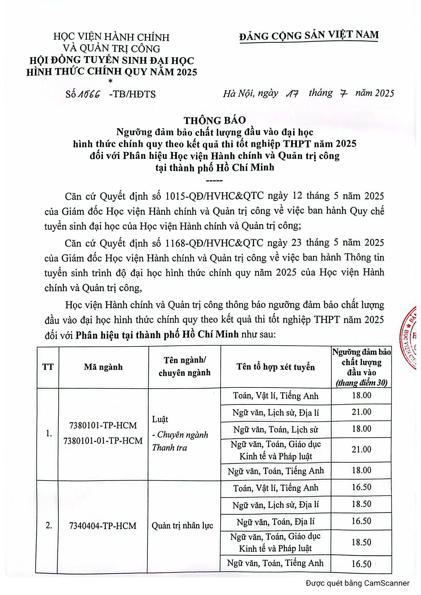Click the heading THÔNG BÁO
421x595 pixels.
point(215,120)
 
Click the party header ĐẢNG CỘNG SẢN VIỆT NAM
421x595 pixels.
point(309,35)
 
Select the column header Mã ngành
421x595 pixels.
point(103,367)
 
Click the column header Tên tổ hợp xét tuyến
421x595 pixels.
point(276,367)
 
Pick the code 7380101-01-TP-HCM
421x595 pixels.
point(103,441)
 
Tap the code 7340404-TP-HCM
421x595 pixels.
point(103,526)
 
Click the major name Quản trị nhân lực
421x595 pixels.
point(182,525)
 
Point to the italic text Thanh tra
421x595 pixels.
point(169,447)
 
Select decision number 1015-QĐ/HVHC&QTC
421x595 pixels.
point(214,196)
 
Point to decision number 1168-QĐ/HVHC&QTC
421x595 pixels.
point(214,243)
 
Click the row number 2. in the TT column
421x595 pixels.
point(49,525)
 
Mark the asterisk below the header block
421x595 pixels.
point(111,81)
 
